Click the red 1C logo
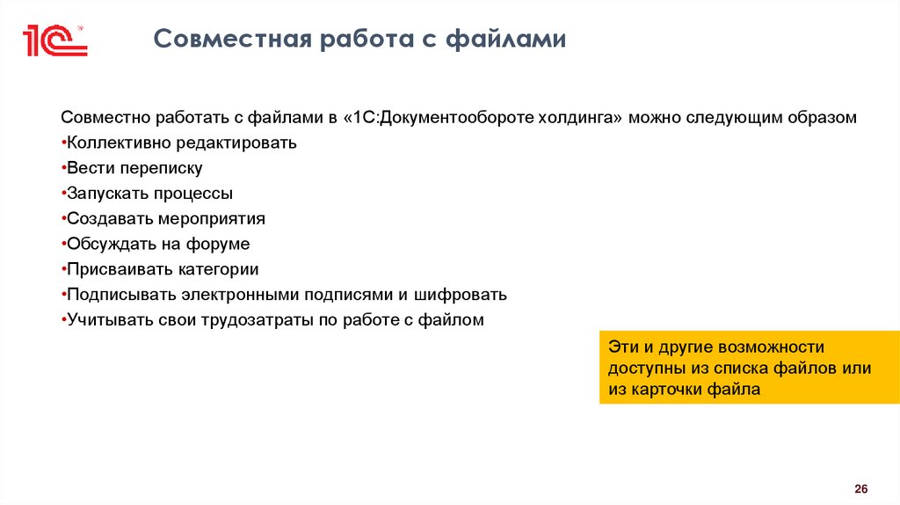coord(54,40)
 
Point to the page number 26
coord(860,489)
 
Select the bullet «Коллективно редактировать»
coord(181,143)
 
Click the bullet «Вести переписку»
coord(134,168)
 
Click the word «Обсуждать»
coord(111,244)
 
